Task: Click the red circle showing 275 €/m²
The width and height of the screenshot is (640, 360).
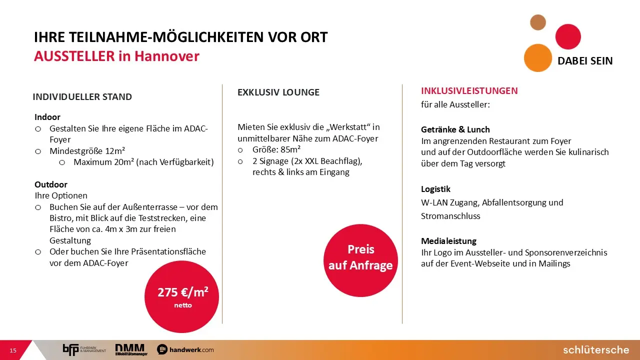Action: point(181,296)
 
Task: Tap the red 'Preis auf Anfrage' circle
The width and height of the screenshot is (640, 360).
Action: point(360,260)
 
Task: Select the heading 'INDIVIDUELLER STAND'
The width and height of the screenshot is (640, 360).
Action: point(82,97)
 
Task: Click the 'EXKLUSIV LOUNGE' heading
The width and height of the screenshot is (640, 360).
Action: point(278,92)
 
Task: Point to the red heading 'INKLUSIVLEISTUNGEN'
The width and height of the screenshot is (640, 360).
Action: point(469,91)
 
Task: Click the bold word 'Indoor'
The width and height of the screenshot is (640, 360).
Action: point(47,117)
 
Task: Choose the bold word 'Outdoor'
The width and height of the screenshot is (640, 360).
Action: point(51,184)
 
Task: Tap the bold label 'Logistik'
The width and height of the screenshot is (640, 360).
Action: point(435,189)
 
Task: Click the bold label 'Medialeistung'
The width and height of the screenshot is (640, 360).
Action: point(448,241)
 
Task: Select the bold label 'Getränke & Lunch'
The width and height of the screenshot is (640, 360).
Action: point(455,129)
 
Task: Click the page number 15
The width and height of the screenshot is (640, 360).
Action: point(13,350)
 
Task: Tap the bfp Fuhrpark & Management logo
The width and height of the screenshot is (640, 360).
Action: point(84,349)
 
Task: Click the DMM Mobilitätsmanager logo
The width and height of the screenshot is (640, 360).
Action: point(131,349)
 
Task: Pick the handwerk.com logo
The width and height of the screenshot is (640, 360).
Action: point(185,349)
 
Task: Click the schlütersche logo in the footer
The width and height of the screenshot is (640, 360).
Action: point(596,349)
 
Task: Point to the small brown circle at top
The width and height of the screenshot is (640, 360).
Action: point(538,22)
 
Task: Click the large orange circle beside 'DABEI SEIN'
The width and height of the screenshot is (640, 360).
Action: point(537,58)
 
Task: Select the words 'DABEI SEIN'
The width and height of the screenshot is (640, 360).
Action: point(585,61)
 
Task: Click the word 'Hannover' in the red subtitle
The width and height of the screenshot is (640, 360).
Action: point(167,56)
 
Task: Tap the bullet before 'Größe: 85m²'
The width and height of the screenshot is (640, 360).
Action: point(240,150)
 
